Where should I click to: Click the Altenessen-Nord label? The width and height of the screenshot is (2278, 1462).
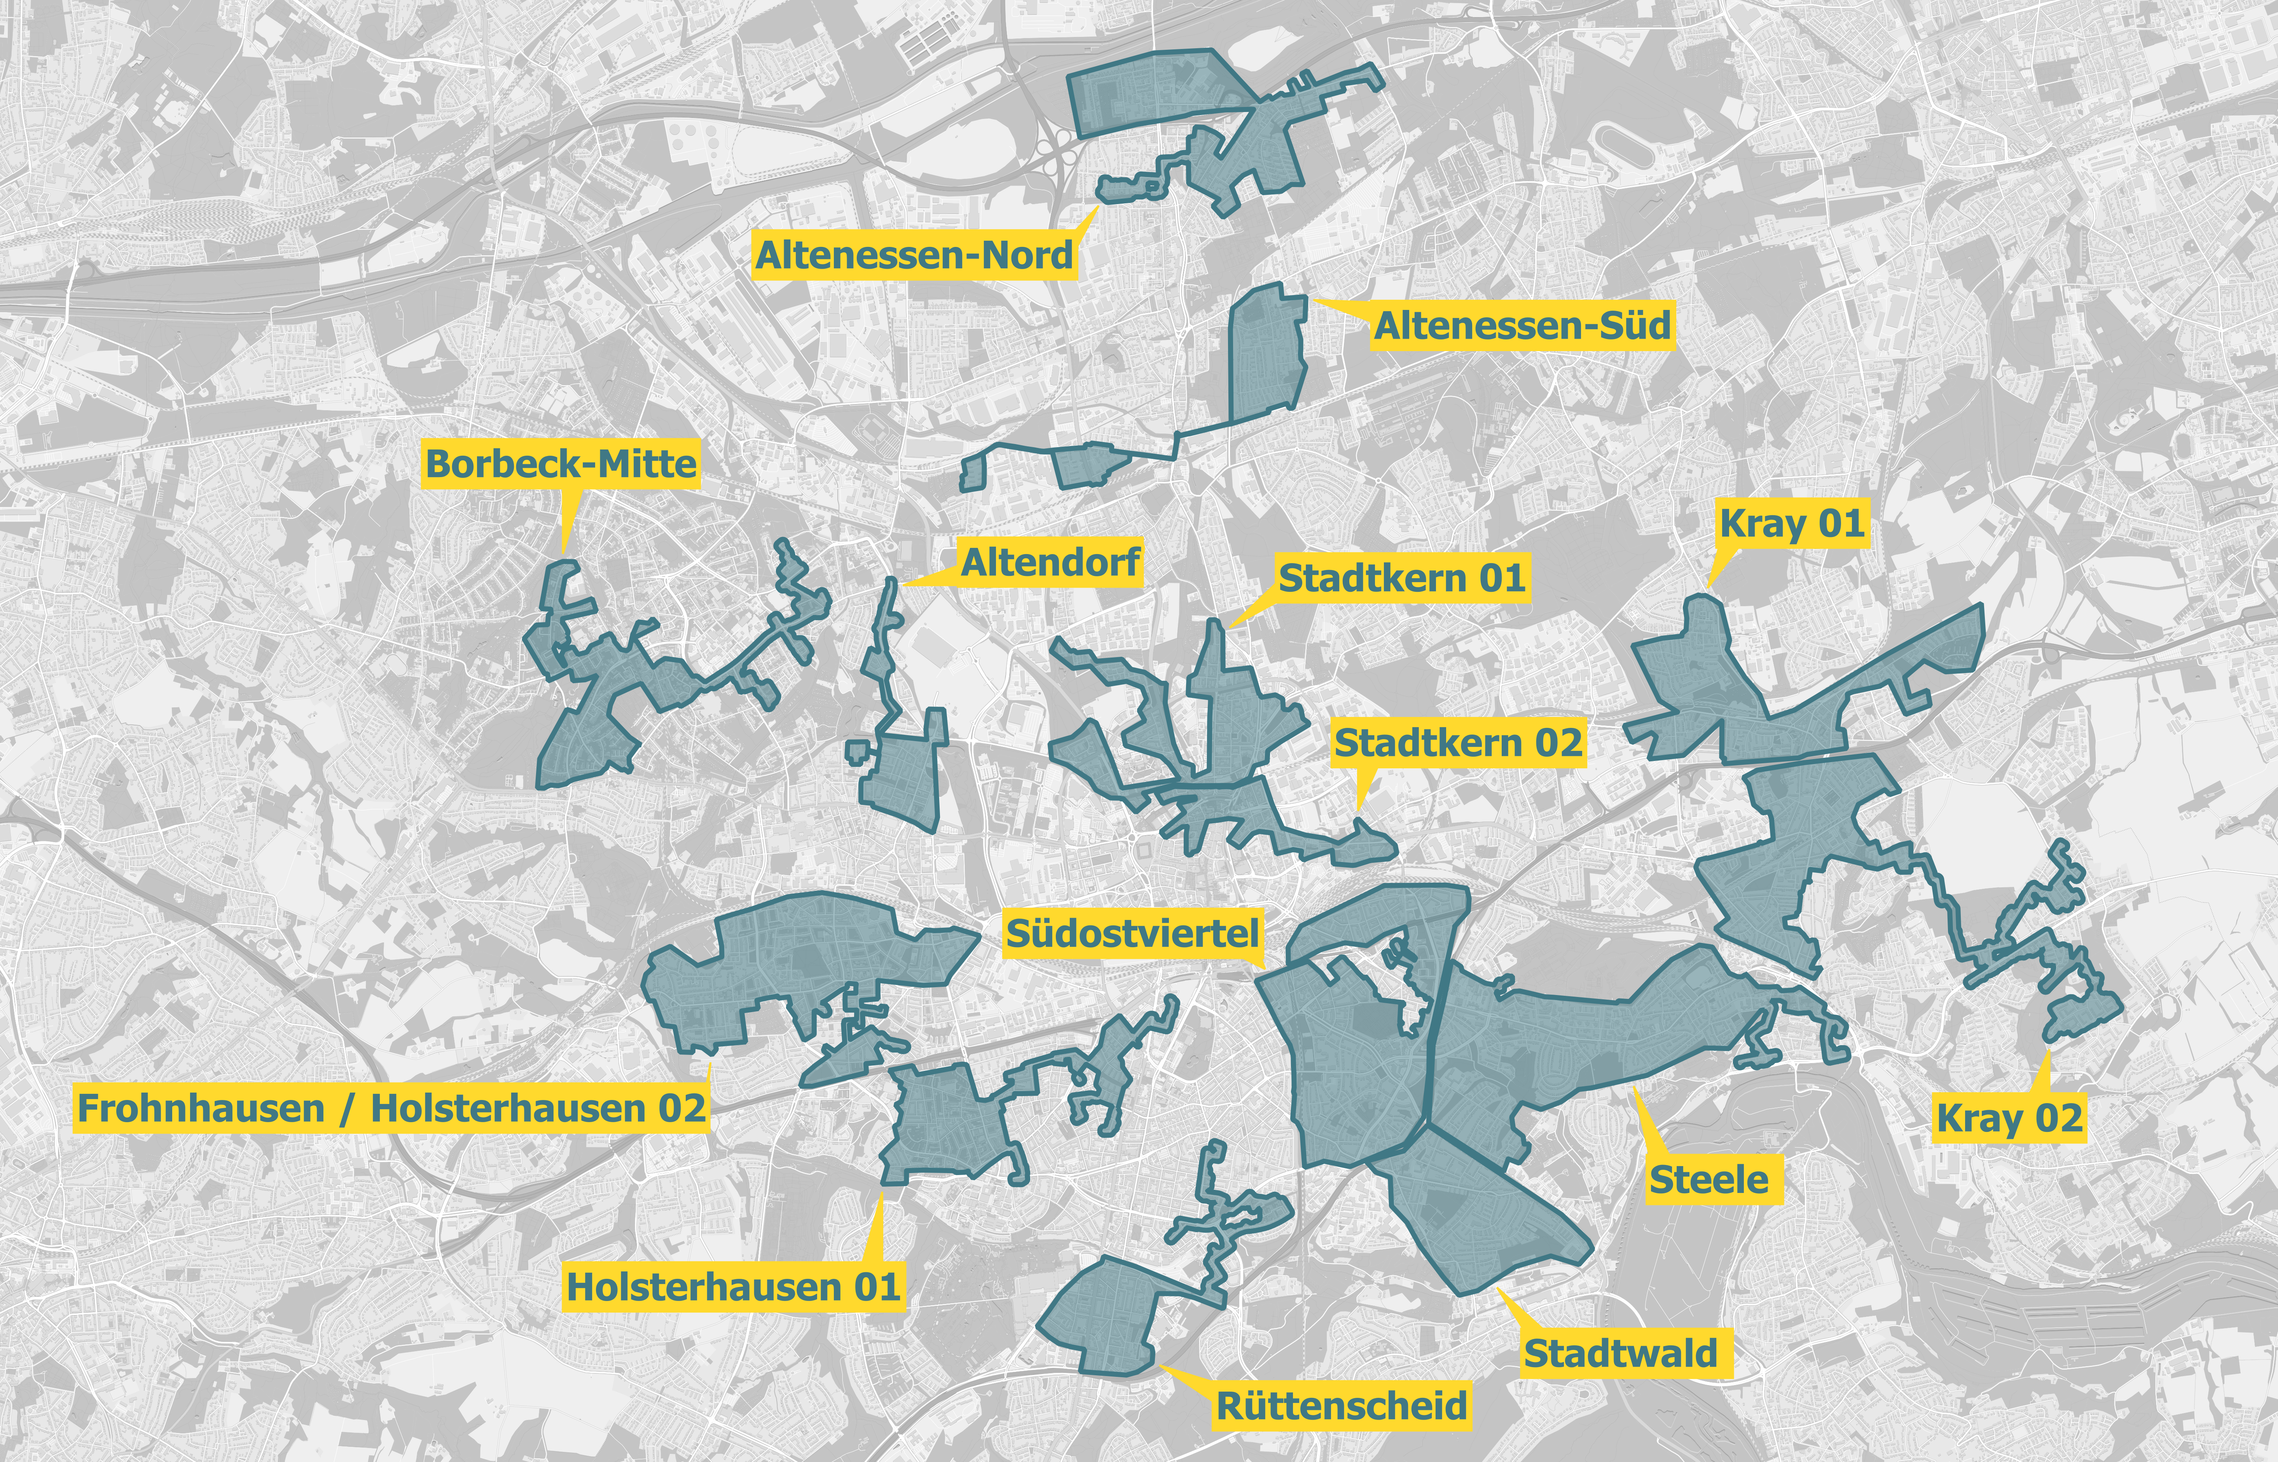(x=914, y=254)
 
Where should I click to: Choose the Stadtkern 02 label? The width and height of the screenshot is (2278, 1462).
(x=1458, y=742)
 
